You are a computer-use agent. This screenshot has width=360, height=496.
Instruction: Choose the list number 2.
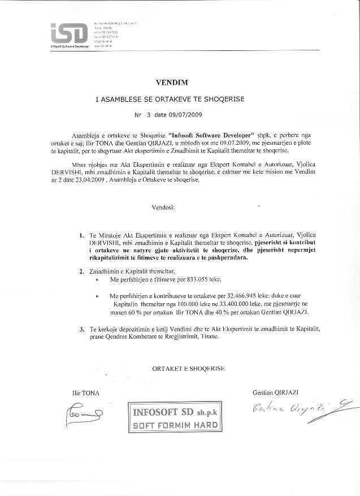point(82,271)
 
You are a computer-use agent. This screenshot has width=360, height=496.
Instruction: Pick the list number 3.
point(82,328)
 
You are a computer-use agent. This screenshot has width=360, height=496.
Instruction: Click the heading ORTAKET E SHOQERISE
point(188,368)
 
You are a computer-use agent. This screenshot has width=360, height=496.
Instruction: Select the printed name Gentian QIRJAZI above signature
point(276,392)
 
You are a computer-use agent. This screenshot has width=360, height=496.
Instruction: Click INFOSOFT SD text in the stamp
point(168,413)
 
